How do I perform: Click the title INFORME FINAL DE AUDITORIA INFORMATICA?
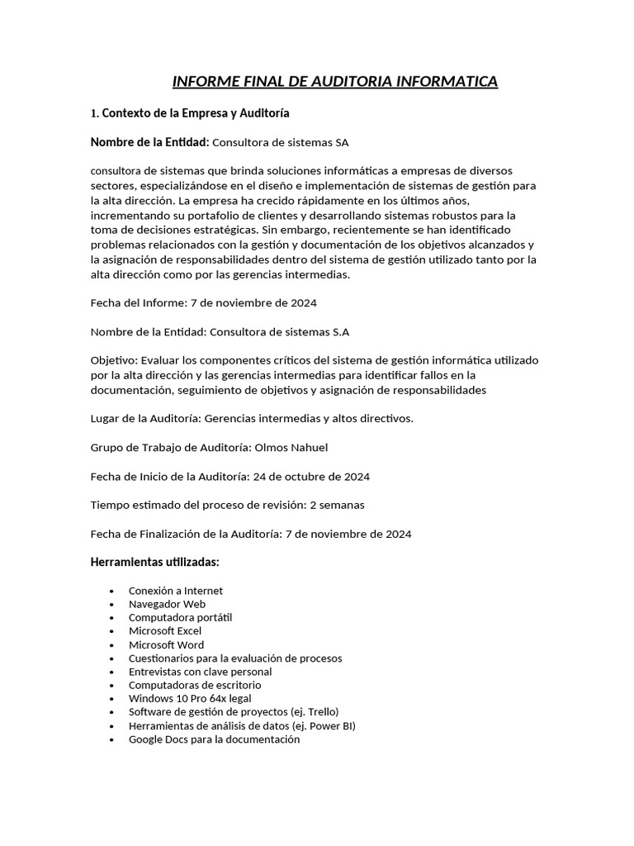tap(334, 81)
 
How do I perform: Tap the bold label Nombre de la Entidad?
tap(150, 142)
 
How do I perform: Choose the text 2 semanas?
tap(337, 505)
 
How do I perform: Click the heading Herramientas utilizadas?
tap(154, 562)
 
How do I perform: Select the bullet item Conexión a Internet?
tap(176, 591)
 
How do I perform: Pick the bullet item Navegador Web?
tap(167, 604)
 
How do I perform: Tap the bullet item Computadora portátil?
tap(180, 617)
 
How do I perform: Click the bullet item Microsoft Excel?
tap(165, 631)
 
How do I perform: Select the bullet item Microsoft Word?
tap(166, 644)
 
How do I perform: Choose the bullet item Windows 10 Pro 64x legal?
tap(190, 698)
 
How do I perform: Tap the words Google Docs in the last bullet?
tap(154, 739)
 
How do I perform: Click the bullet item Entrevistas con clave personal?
tap(200, 672)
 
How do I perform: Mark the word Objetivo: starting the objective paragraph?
tap(114, 361)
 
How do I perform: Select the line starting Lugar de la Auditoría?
tap(252, 418)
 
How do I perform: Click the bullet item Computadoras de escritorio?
tap(195, 685)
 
